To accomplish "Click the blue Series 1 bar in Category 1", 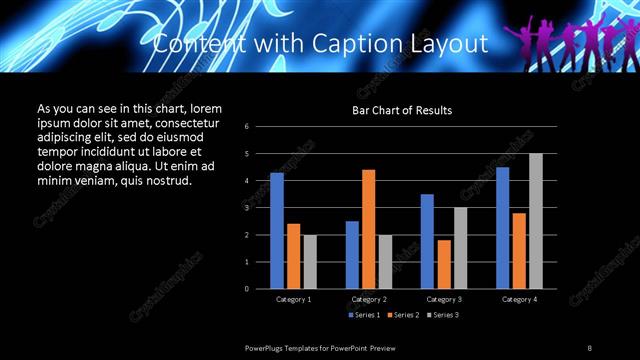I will point(277,231).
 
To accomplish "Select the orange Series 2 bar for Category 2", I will point(369,229).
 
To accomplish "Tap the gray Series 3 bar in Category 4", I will point(536,221).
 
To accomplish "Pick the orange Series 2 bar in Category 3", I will point(444,264).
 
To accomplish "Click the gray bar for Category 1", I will point(310,262).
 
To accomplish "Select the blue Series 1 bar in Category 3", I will point(427,241).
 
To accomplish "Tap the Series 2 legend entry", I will point(403,315).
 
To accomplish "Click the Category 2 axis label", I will point(369,299).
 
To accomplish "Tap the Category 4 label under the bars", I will point(519,299).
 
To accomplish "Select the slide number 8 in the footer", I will point(590,347).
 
